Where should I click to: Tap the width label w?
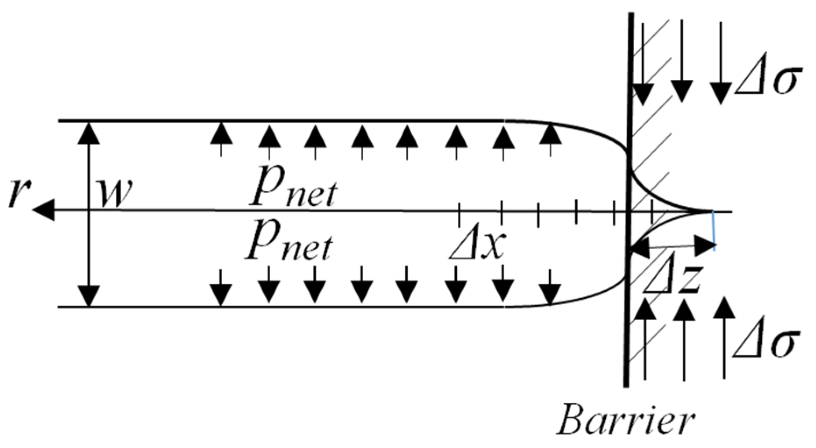point(115,193)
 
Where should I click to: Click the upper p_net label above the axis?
point(293,188)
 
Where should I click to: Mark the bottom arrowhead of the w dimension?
point(89,295)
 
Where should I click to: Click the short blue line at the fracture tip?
point(714,231)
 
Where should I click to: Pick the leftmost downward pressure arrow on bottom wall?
point(221,289)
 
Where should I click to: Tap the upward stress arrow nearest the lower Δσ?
point(724,337)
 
